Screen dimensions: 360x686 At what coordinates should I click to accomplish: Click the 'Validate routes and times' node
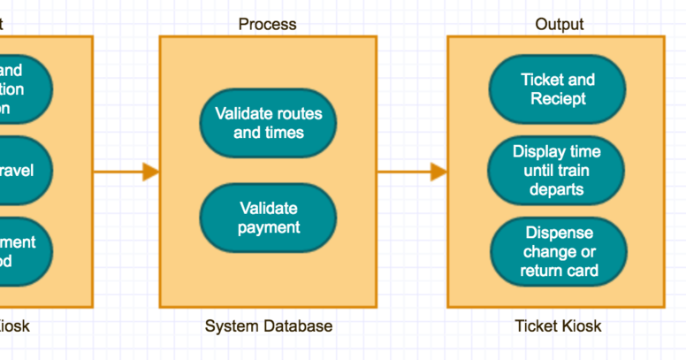coord(268,123)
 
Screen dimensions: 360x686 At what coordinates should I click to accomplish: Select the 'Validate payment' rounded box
coord(268,218)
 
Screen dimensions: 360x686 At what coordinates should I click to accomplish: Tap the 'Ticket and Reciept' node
coord(558,88)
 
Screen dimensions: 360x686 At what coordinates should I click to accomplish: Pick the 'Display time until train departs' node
coord(557,170)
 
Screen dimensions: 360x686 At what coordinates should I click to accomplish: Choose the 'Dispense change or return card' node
coord(559,251)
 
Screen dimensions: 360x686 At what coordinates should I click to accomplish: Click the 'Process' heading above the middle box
coord(267,24)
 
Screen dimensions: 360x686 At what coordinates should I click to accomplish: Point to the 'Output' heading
coord(559,24)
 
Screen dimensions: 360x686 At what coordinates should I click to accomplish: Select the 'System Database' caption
coord(269,326)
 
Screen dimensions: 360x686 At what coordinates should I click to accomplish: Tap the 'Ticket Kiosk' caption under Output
coord(558,326)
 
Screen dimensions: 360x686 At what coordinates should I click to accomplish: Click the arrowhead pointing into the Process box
coord(150,172)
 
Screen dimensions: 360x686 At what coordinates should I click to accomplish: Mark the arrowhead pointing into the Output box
coord(438,172)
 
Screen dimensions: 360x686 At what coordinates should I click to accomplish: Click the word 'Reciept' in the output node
coord(558,98)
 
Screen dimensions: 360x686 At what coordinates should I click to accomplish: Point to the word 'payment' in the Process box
coord(268,227)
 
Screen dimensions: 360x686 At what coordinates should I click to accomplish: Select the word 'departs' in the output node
coord(557,188)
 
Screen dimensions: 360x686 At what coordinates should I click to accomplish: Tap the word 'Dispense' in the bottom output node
coord(559,233)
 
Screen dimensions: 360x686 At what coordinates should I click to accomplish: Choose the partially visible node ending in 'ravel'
coord(21,170)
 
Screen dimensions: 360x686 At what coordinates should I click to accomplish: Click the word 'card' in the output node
coord(583,270)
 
